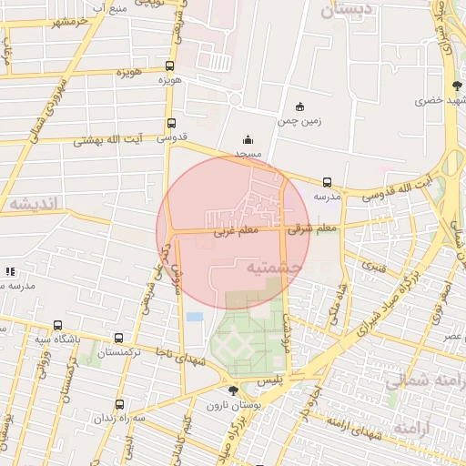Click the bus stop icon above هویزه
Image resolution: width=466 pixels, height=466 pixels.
point(170,66)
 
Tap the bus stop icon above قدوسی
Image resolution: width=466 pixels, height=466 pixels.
point(171,124)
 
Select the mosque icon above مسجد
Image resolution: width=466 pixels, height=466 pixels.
point(248,140)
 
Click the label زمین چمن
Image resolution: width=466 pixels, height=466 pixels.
point(301,120)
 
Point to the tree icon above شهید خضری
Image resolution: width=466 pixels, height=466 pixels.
point(456,86)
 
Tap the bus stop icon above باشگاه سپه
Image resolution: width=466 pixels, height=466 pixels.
point(58,324)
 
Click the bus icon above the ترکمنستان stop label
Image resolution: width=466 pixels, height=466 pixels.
point(119,337)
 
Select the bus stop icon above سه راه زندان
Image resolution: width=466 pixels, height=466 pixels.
point(119,404)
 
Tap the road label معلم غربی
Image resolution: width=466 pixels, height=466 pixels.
point(237,232)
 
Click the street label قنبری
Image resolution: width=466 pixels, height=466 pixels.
point(374,267)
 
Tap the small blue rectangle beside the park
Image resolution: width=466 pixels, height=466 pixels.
point(195,317)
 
